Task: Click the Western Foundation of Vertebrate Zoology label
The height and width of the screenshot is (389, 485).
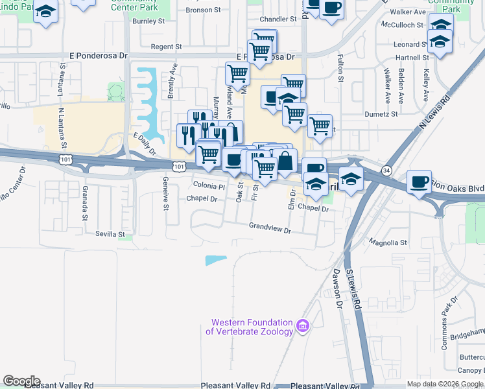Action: (250, 327)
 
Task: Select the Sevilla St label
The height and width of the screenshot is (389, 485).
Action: (110, 233)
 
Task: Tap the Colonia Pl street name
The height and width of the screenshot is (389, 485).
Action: (209, 186)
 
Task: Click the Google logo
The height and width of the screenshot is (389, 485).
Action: (21, 381)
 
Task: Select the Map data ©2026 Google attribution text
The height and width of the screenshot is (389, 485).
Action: (445, 384)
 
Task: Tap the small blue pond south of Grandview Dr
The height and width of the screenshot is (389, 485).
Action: (216, 260)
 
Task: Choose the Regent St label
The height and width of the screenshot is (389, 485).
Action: (166, 47)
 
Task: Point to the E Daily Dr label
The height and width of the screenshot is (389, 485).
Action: (145, 145)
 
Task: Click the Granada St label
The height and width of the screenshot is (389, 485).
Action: (85, 203)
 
